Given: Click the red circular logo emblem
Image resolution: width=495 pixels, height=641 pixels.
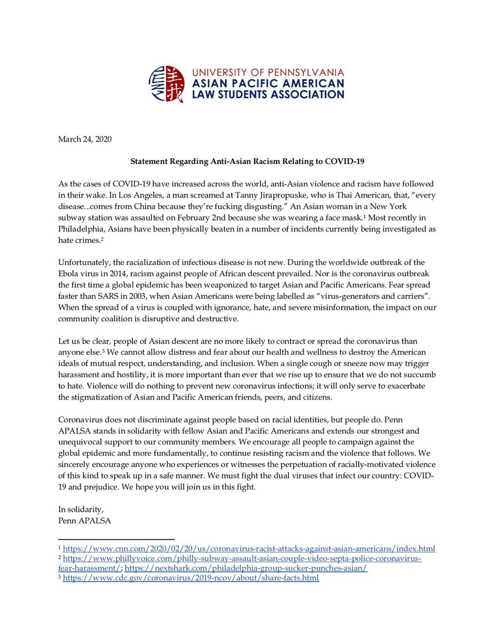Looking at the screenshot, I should pyautogui.click(x=167, y=84).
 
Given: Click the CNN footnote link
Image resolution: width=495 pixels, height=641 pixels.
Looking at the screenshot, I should pyautogui.click(x=249, y=549).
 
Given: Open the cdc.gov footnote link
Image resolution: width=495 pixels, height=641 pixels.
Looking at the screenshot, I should pyautogui.click(x=191, y=578).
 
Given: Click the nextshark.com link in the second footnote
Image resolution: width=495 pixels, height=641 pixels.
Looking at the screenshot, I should pyautogui.click(x=246, y=568).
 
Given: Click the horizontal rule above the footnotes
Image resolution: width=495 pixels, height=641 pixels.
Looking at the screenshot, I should pyautogui.click(x=116, y=540).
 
